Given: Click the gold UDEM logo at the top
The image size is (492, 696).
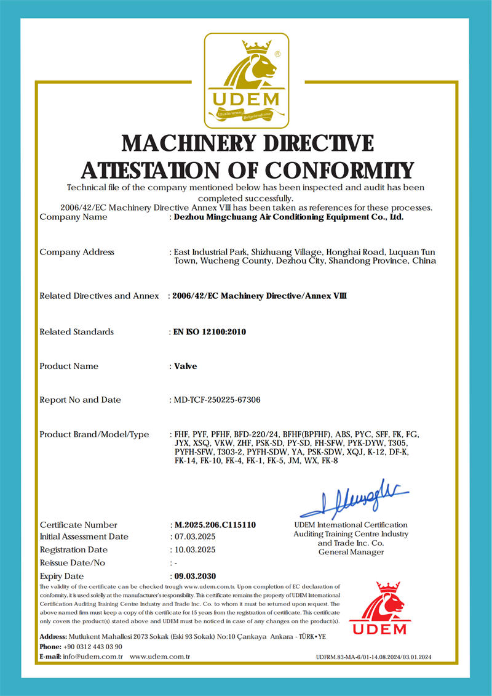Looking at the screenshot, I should tap(246, 78).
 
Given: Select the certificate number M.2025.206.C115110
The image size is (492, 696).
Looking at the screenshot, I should tap(215, 525).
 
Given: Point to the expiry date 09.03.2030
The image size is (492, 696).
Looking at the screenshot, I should tap(196, 576).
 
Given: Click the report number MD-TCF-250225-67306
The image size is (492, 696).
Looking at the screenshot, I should tap(217, 400).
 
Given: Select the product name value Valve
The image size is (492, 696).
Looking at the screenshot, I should tap(186, 366).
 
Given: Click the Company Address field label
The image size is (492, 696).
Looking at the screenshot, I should tap(77, 252).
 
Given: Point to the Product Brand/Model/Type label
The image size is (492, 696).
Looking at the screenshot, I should tap(94, 434).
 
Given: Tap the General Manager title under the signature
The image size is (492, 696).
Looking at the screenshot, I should tap(351, 552).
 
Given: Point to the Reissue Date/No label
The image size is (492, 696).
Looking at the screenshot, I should tap(73, 563).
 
